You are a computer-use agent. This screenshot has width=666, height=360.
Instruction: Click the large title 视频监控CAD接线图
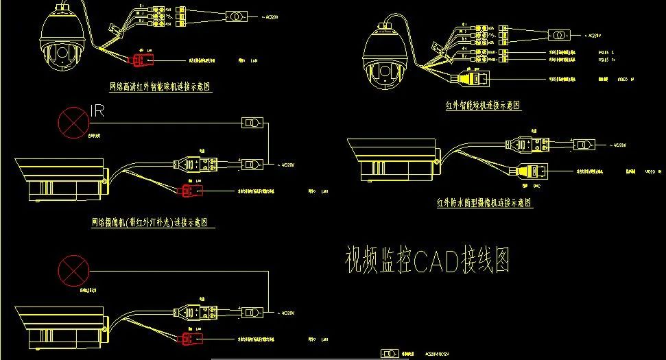(427, 261)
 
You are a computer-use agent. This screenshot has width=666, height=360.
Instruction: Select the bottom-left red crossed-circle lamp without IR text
(73, 270)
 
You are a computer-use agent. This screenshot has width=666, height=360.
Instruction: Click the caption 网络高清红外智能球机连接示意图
(160, 88)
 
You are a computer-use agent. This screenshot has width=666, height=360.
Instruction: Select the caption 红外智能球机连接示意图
(482, 106)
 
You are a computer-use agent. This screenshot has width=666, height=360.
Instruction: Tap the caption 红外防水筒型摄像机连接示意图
(484, 203)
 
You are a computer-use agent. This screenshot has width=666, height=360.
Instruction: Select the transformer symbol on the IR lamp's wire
(252, 123)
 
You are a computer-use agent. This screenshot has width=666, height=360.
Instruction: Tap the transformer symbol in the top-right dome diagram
(559, 34)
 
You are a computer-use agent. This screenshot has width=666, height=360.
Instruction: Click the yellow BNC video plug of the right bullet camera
(530, 173)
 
